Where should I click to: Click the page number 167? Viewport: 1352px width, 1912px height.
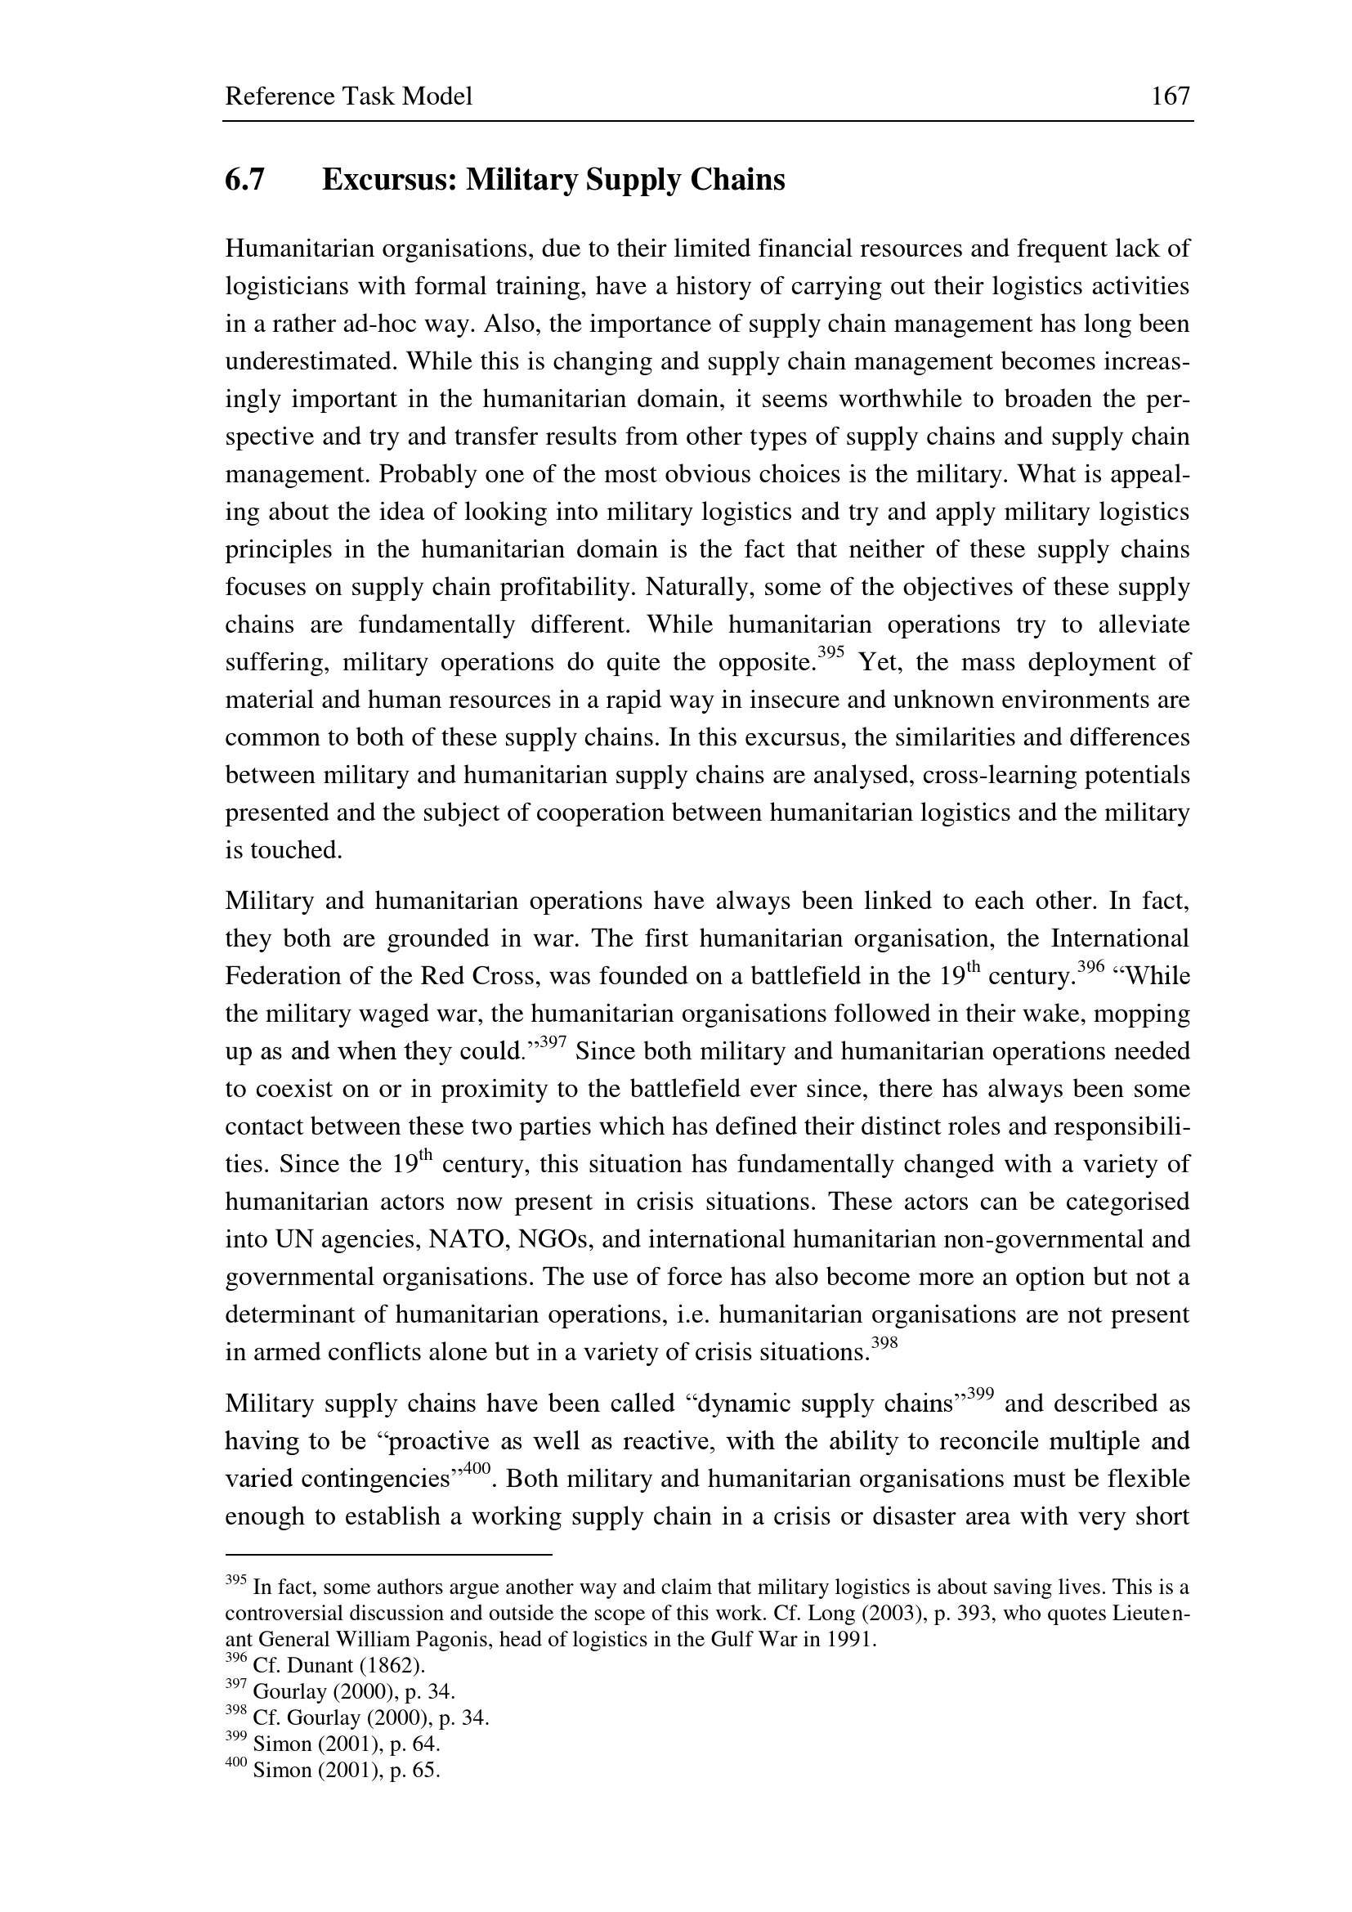1171,96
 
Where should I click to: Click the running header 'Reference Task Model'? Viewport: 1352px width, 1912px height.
348,96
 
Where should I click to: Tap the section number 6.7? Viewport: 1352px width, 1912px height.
244,180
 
